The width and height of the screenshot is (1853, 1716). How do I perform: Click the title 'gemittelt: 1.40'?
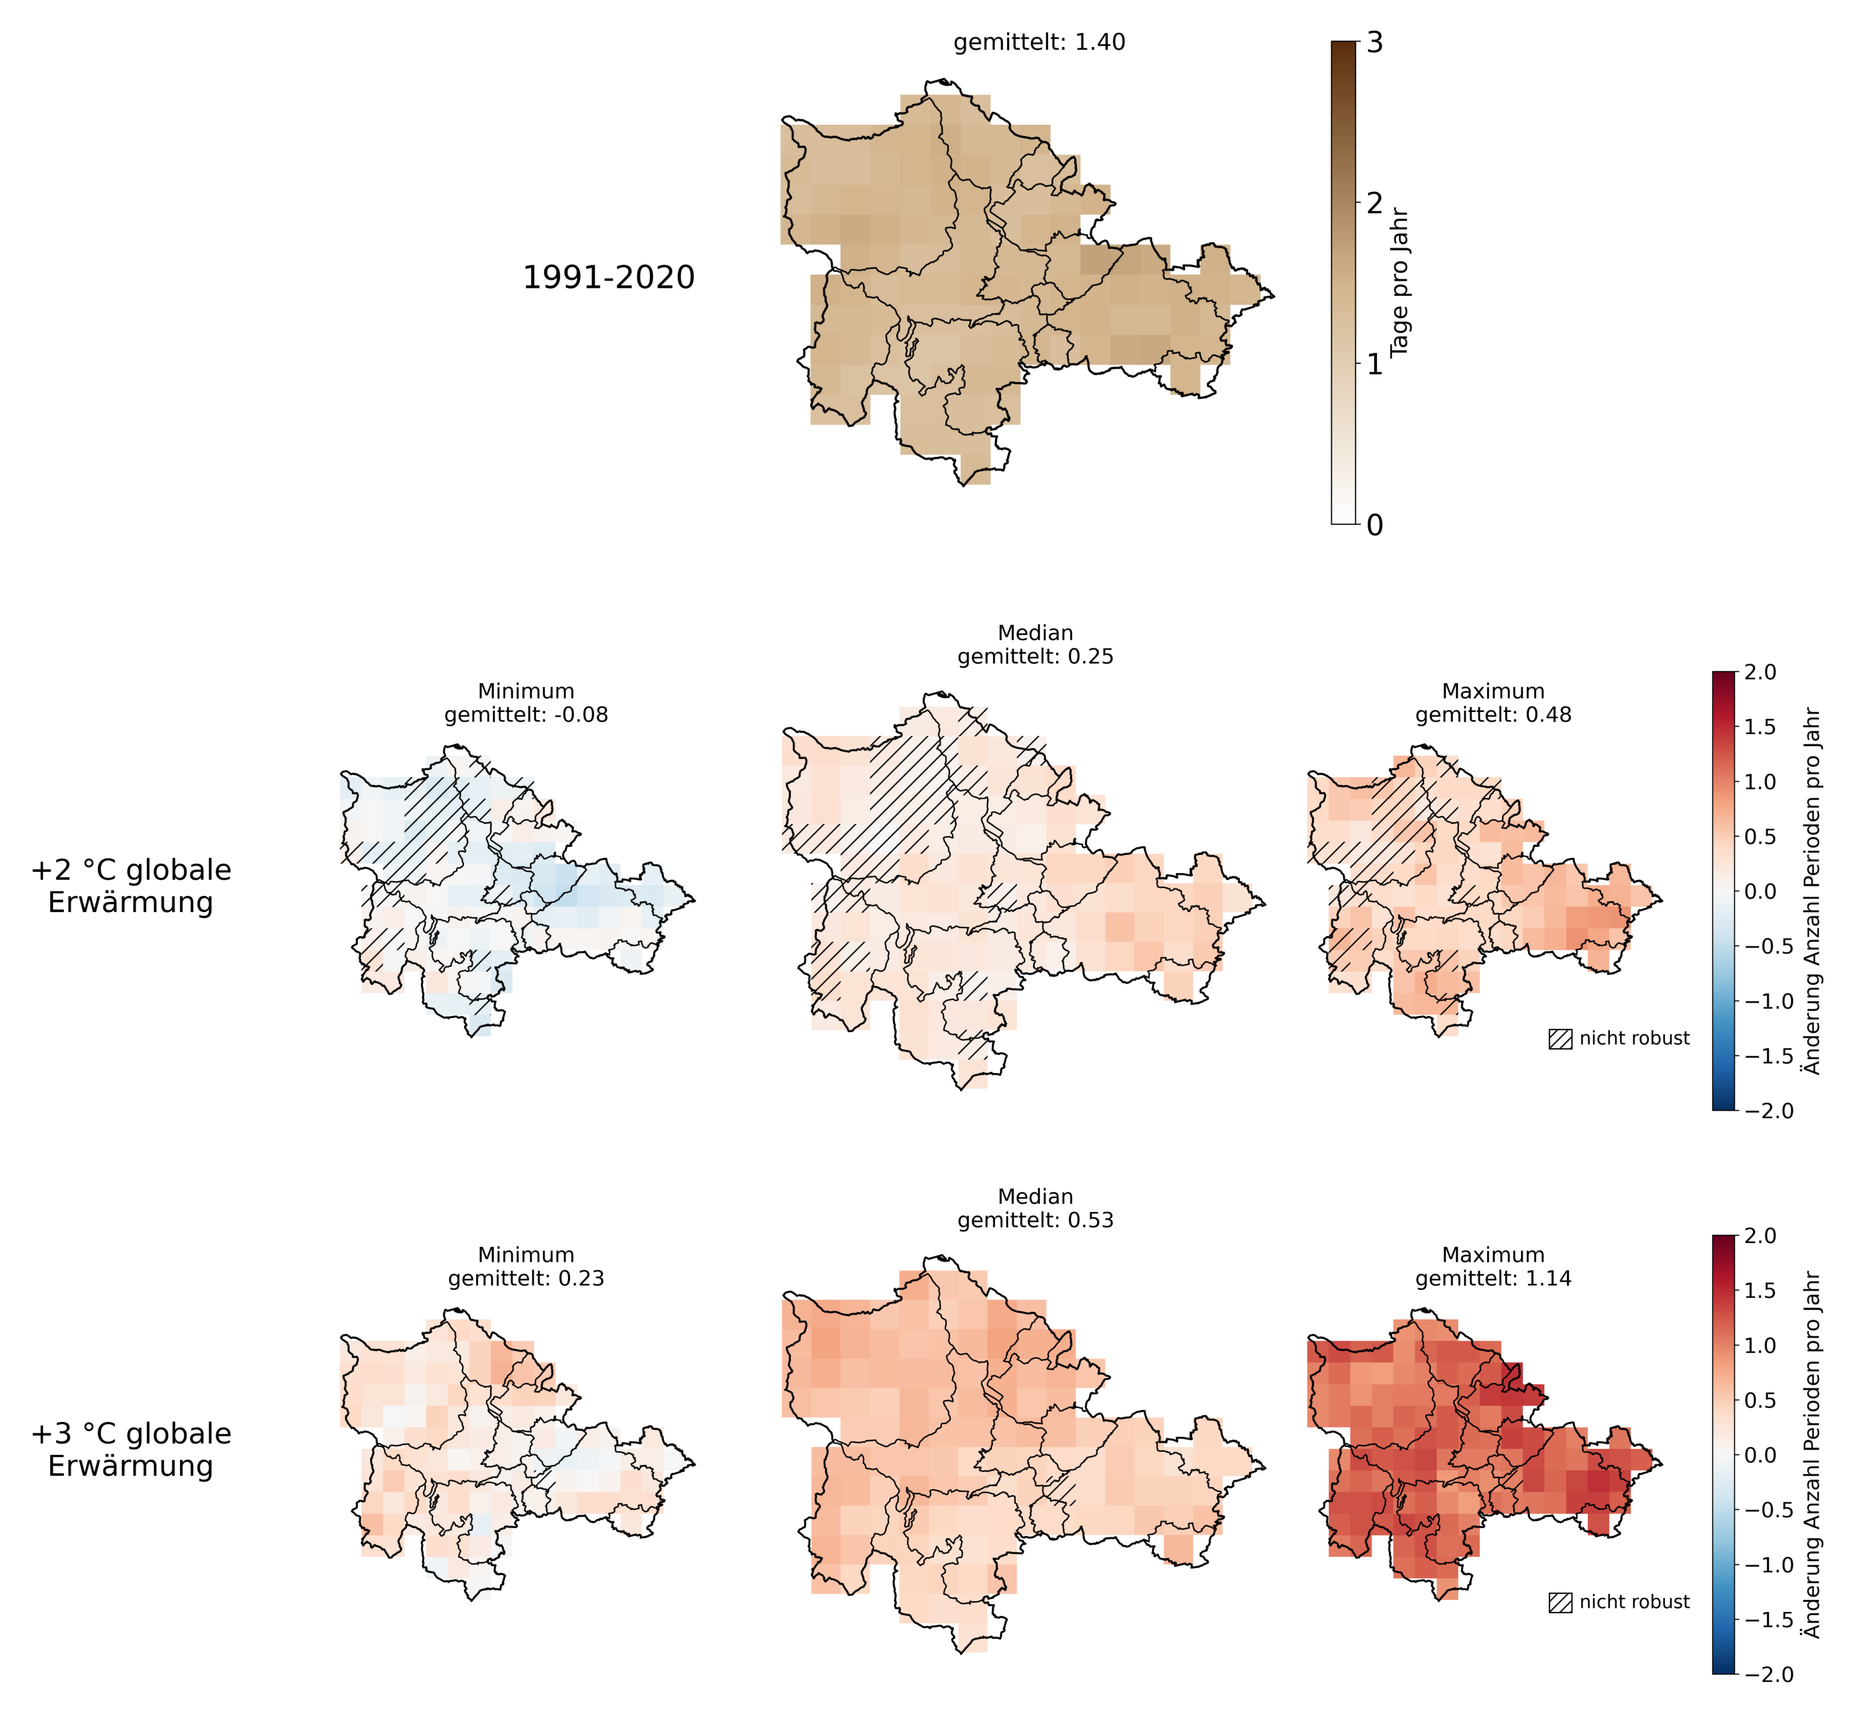[x=1039, y=43]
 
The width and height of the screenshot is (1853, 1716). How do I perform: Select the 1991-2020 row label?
[x=608, y=278]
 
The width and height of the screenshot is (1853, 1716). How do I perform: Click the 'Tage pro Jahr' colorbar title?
[x=1400, y=283]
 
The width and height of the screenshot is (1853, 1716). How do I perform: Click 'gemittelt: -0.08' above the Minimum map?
[x=526, y=715]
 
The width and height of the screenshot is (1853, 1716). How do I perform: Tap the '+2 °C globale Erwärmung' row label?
[x=131, y=886]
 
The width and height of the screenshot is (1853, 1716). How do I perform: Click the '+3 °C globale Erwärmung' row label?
[x=131, y=1450]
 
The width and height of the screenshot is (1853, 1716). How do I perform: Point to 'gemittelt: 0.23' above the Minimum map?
[x=526, y=1278]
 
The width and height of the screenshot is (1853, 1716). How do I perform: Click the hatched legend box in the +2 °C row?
[x=1560, y=1039]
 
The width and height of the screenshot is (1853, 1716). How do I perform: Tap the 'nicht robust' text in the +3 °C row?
[x=1634, y=1603]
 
